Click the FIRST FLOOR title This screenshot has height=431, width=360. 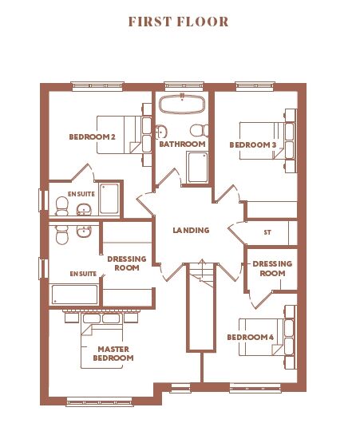[x=179, y=22]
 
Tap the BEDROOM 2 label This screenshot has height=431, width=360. [x=92, y=136]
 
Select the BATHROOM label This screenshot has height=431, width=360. [x=182, y=144]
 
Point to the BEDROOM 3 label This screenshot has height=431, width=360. [x=253, y=144]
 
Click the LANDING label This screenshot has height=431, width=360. [x=191, y=230]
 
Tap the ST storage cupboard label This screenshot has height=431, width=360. [x=267, y=232]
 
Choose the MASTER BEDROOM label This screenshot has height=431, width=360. [x=113, y=354]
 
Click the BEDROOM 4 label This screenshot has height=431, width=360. [x=251, y=338]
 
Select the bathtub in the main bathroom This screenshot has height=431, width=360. [x=182, y=104]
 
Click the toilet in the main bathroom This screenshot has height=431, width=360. [x=200, y=130]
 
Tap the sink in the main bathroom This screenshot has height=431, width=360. [x=161, y=132]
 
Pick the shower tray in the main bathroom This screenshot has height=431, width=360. [x=198, y=167]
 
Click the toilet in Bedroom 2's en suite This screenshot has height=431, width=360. [x=61, y=206]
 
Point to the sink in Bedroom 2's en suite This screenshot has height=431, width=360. [x=84, y=209]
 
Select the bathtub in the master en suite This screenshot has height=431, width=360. [x=74, y=294]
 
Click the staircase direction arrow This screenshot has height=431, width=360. [x=203, y=270]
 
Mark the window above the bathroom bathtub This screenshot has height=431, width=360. [x=184, y=85]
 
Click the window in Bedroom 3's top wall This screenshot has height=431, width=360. [x=255, y=85]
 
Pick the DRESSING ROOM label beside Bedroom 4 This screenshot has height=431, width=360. [x=272, y=268]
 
